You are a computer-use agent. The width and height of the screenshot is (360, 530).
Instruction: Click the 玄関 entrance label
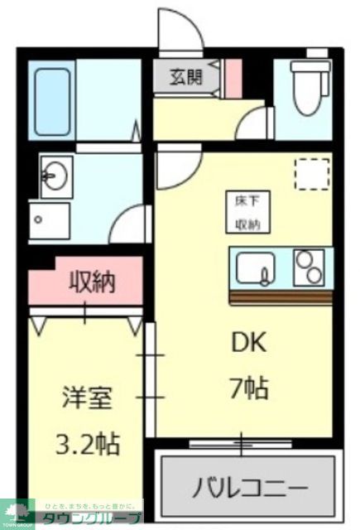(186, 78)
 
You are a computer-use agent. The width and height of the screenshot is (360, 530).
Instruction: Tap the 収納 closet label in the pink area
(91, 282)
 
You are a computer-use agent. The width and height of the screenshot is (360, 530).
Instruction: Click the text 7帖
(249, 388)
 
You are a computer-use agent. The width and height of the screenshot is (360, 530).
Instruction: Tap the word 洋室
(85, 397)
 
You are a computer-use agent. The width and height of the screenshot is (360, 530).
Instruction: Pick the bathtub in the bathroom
(55, 95)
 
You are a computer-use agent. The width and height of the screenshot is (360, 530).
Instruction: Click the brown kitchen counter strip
(281, 296)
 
